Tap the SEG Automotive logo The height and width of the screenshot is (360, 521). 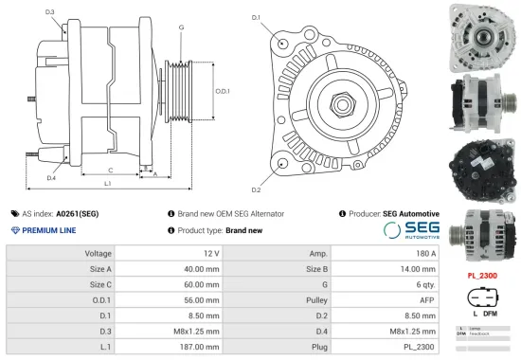pos(409,230)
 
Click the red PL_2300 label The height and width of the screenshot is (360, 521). pos(482,276)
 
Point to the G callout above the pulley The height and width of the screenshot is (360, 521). pos(180,27)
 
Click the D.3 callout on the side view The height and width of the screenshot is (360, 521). pos(49,12)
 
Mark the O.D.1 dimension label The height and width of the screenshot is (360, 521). pos(223,91)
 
